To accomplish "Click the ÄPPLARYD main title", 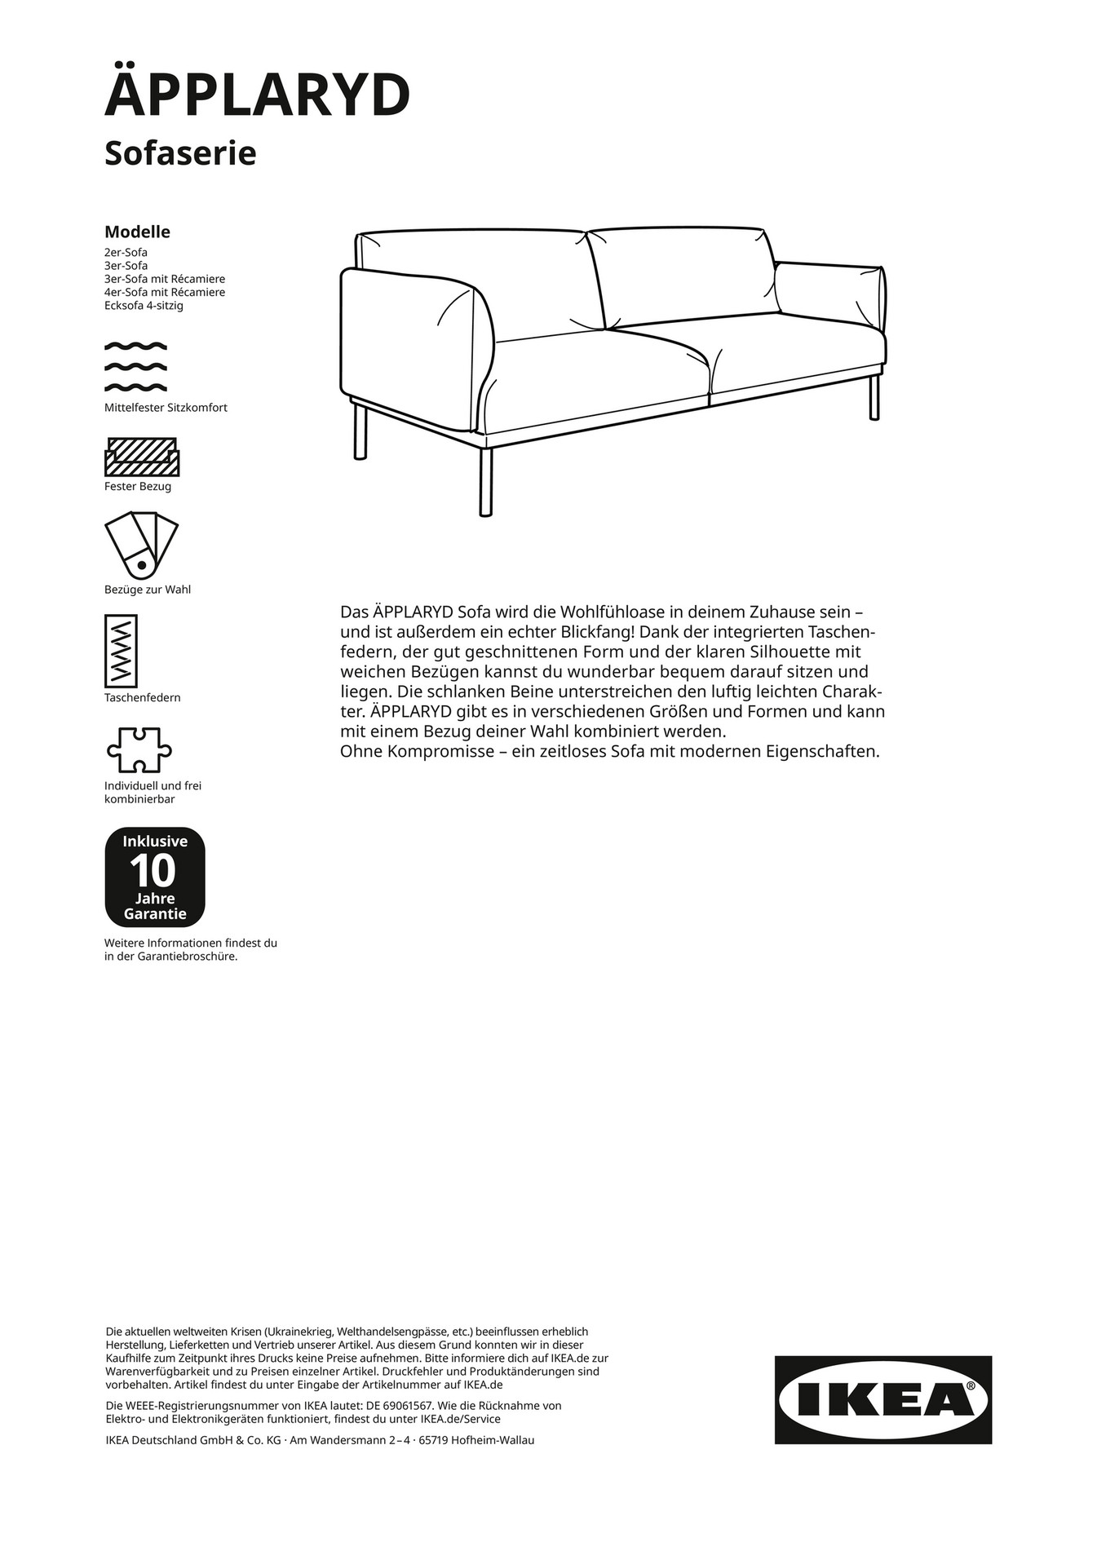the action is click(x=257, y=94).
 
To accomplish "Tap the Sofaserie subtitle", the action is click(x=180, y=153).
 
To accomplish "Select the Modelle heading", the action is click(x=137, y=232).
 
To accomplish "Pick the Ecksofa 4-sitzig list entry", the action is click(x=144, y=306).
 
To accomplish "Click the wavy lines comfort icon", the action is click(x=135, y=366).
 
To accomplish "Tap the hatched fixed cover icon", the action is click(x=141, y=457).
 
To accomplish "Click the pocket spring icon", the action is click(x=121, y=651).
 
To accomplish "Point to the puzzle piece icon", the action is click(x=139, y=750).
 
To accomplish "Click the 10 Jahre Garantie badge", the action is click(x=154, y=877).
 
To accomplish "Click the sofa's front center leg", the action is click(x=485, y=481).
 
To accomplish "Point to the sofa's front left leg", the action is click(x=360, y=432).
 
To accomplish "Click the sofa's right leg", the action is click(x=874, y=398).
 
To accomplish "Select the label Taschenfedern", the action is click(x=143, y=698).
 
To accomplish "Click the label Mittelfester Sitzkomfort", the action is click(x=166, y=408).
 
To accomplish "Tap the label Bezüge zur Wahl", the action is click(x=148, y=590).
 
